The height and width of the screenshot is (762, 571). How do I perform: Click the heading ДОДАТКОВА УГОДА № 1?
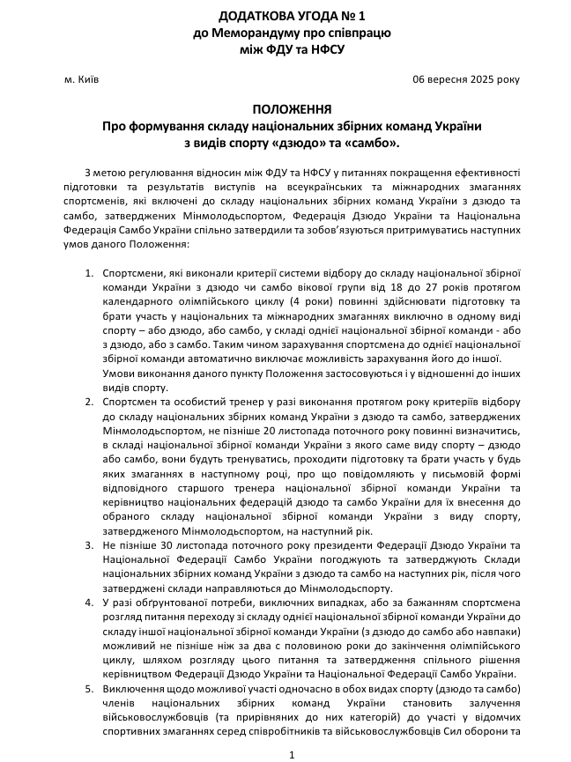tap(291, 17)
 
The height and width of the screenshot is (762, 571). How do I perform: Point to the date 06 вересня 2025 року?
tap(466, 78)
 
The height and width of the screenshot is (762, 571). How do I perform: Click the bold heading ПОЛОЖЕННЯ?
tap(291, 110)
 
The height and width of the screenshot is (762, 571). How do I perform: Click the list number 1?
tap(89, 274)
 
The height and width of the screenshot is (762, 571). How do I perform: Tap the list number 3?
tap(89, 545)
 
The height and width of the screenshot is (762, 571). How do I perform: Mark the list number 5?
tap(89, 687)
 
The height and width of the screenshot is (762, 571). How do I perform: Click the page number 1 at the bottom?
tap(291, 754)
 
